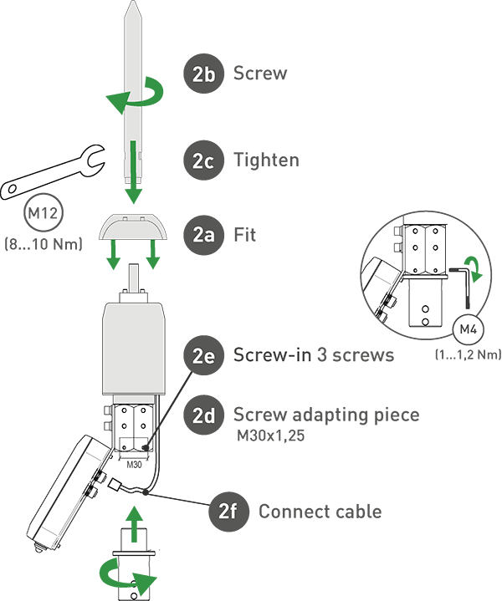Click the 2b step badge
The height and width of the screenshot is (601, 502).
coord(203,74)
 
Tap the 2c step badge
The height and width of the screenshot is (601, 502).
coord(203,160)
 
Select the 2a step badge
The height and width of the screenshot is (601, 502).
coord(203,235)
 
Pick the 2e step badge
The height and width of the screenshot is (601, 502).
coord(203,355)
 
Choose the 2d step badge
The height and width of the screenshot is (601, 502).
coord(203,415)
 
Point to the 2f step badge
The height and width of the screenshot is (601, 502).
coord(228,512)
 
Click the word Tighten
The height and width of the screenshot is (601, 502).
coord(266,160)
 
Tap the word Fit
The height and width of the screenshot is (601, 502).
coord(244,235)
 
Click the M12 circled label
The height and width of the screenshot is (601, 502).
coord(44,212)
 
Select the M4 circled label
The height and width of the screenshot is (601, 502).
coord(469,329)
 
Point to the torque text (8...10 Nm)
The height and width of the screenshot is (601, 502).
coord(44,244)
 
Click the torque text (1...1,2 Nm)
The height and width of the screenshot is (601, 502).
coord(469,354)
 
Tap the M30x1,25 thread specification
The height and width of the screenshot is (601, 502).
coord(270,435)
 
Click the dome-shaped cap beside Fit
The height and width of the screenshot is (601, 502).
coord(133,227)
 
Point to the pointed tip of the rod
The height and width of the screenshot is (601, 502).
coord(133,2)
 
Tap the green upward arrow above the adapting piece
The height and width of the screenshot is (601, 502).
coord(134,523)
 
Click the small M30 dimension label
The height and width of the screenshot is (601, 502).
coord(134,465)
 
